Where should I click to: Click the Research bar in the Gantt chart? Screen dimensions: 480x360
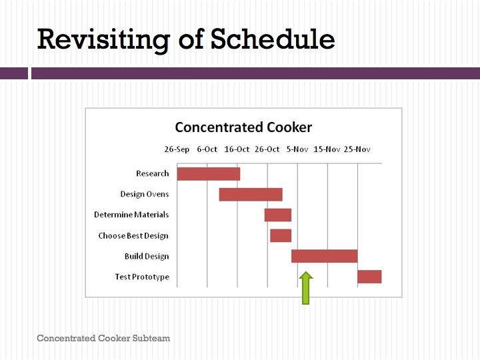coord(209,174)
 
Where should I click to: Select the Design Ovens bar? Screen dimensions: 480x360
coord(251,195)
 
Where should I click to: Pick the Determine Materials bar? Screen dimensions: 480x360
coord(278,215)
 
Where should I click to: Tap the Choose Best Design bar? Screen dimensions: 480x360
coord(281,236)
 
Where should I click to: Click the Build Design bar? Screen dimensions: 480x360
coord(325,256)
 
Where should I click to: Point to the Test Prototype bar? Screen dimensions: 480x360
coord(369,277)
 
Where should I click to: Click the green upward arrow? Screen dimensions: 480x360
coord(306,288)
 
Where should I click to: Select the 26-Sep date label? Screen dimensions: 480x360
coord(177,149)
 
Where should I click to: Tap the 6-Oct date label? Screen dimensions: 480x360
coord(207,149)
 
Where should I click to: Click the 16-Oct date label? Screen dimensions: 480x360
coord(237,149)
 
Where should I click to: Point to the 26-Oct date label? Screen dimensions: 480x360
coord(267,149)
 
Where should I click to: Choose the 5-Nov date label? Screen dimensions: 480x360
coord(297,149)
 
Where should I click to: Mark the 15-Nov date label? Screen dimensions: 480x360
coord(327,149)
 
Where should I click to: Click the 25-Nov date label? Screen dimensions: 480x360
coord(357,149)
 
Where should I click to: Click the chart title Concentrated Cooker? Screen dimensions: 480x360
coord(243,127)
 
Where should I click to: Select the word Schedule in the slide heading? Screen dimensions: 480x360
coord(273,39)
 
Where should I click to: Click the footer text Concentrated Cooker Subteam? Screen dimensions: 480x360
coord(103,338)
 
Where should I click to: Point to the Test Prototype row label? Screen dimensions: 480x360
coord(142,277)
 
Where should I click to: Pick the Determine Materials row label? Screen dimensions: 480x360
coord(131,215)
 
